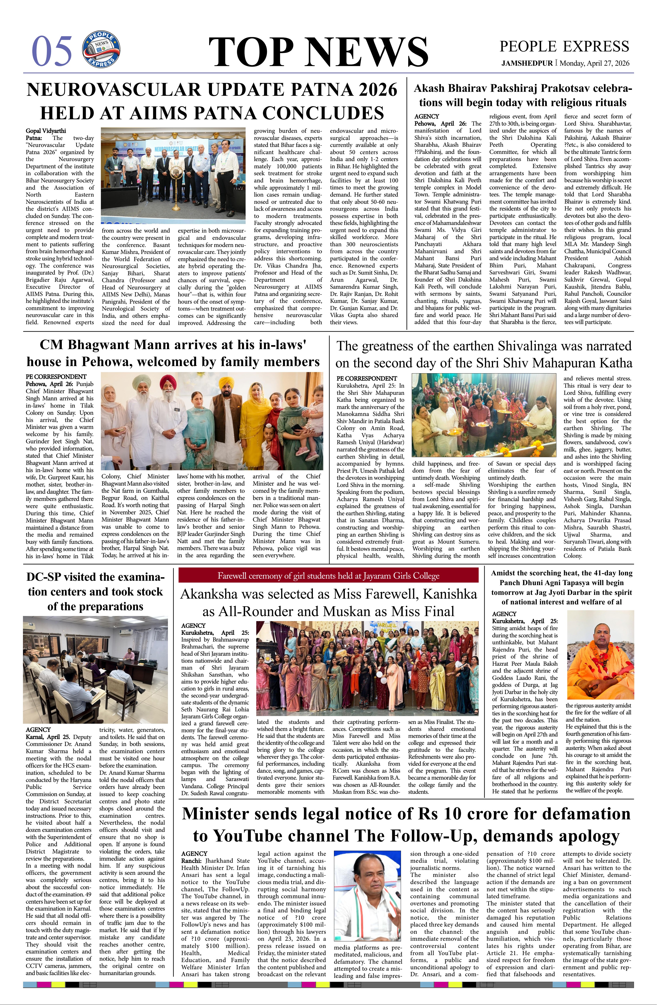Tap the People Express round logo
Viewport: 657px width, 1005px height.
pos(101,49)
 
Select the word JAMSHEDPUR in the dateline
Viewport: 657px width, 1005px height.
pos(527,63)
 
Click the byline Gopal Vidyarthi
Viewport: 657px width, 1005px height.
pos(46,131)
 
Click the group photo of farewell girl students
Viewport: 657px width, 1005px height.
pos(367,668)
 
